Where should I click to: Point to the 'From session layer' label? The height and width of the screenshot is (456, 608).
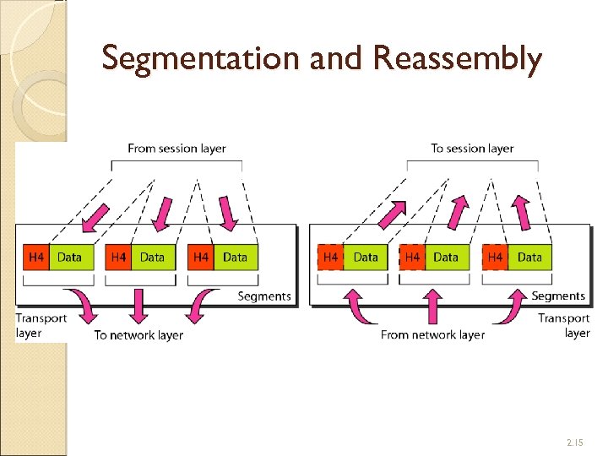[176, 148]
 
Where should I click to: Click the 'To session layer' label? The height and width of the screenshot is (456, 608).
[472, 148]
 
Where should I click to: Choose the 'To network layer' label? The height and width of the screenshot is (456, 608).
[138, 335]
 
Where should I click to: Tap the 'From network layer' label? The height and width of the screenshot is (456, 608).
[432, 335]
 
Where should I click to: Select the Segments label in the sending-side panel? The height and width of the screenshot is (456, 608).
[264, 296]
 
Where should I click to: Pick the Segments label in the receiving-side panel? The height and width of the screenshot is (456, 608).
[558, 296]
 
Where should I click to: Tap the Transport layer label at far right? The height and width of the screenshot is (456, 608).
[564, 325]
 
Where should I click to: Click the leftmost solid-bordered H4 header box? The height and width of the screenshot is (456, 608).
[36, 257]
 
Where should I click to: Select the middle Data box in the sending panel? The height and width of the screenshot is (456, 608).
[153, 257]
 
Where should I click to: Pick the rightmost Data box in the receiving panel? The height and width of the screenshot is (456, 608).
[529, 257]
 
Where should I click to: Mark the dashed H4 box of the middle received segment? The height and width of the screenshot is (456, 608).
[413, 257]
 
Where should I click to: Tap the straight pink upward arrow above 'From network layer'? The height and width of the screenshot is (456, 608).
[432, 307]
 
